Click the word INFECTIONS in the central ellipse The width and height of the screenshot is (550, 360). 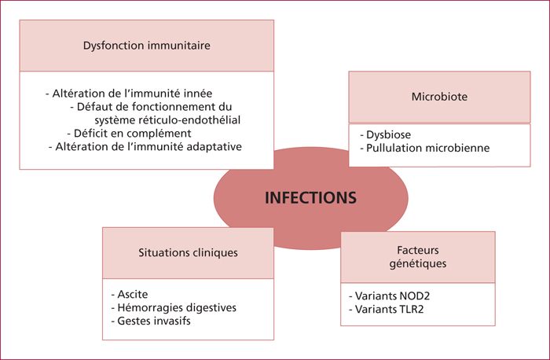[310, 197]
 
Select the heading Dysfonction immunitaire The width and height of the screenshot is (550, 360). [147, 46]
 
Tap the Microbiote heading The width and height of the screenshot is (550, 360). [439, 97]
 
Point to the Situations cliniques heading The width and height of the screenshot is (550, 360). [188, 252]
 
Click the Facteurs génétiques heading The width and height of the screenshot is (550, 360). [418, 257]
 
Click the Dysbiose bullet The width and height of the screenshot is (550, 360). [386, 134]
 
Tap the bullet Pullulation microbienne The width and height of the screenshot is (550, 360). [425, 148]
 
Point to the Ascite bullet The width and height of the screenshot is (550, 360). [130, 294]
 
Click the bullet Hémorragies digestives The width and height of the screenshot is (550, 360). [174, 307]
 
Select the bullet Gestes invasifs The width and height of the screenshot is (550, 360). [151, 321]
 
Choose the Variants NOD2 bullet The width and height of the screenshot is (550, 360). [390, 296]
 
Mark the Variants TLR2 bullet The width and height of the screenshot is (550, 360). [387, 309]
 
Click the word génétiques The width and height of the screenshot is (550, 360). [418, 263]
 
